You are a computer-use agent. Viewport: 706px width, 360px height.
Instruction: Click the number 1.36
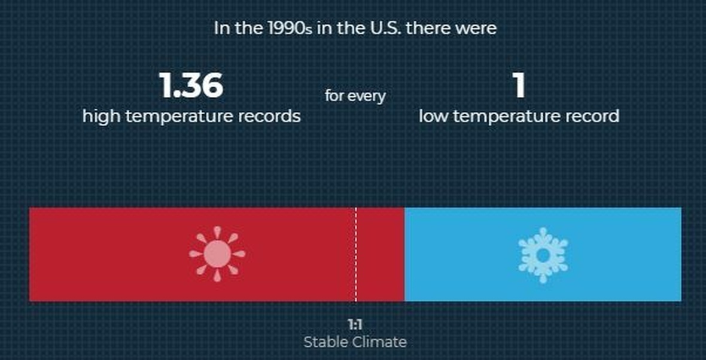pyautogui.click(x=191, y=86)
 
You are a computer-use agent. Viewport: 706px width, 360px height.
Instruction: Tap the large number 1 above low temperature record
pyautogui.click(x=519, y=86)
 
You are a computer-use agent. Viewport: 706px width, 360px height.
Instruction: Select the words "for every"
pyautogui.click(x=355, y=96)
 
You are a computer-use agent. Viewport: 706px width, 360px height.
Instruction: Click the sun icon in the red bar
pyautogui.click(x=217, y=254)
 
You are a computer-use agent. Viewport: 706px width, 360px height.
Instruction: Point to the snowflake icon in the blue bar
pyautogui.click(x=543, y=255)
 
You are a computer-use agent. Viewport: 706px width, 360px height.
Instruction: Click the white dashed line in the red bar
pyautogui.click(x=356, y=254)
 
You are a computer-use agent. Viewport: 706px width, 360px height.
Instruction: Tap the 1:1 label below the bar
pyautogui.click(x=355, y=325)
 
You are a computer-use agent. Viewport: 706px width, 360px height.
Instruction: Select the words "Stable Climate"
pyautogui.click(x=355, y=342)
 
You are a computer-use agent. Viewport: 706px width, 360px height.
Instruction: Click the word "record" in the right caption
pyautogui.click(x=593, y=117)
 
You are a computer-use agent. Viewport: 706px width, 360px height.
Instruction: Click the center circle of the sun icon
pyautogui.click(x=217, y=254)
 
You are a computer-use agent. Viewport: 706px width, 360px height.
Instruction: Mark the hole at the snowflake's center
pyautogui.click(x=543, y=255)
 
